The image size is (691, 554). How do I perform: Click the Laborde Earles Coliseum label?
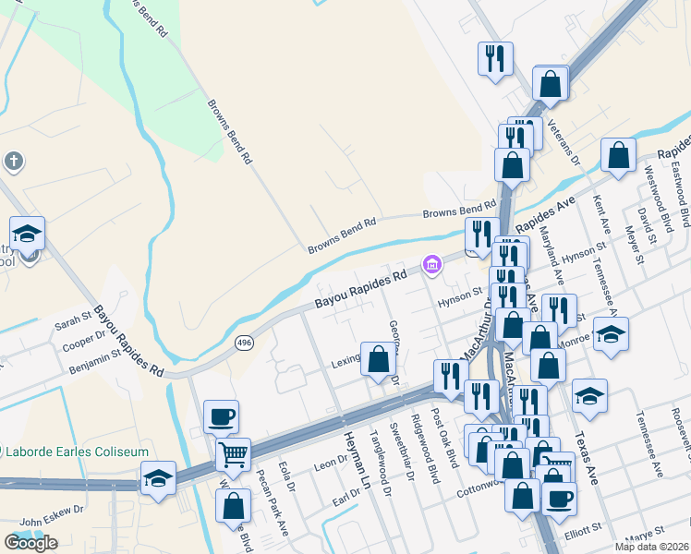(81, 452)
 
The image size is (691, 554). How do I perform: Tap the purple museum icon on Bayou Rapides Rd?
(431, 266)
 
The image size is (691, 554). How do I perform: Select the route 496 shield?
(243, 343)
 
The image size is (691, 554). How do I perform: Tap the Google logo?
(30, 543)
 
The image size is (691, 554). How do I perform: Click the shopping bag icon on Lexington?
(378, 358)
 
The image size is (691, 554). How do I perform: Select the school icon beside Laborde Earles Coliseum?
(158, 479)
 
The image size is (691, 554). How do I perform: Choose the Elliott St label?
(583, 527)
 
